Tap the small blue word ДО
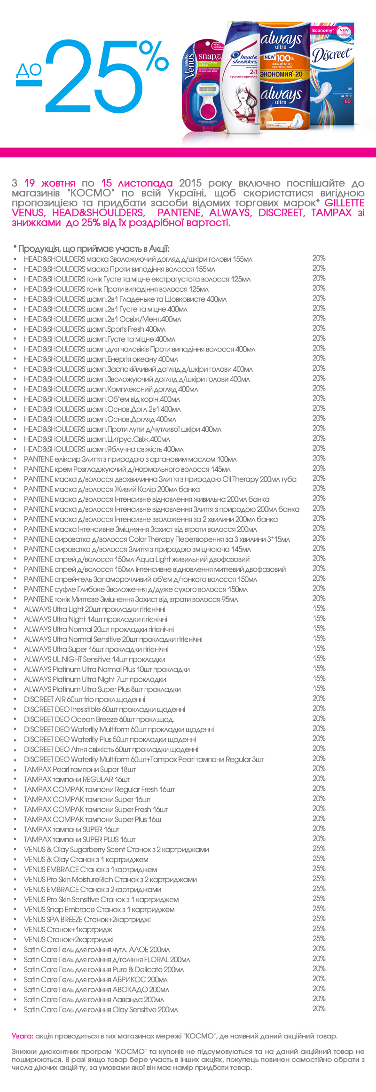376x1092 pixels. (29, 70)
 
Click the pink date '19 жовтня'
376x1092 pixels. (50, 183)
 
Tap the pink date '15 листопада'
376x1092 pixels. (137, 183)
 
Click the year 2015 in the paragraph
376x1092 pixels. (190, 183)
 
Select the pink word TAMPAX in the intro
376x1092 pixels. (331, 213)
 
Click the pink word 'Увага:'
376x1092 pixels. (22, 1036)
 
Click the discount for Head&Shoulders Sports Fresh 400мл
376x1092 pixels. (319, 328)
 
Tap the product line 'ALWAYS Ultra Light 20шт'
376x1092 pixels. (94, 609)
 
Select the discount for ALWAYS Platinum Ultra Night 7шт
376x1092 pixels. (319, 678)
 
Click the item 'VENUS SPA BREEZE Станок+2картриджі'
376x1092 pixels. (87, 920)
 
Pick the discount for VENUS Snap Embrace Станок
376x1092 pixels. (319, 908)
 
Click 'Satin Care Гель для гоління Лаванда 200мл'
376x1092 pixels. (94, 999)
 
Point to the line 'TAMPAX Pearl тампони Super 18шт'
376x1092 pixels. (80, 770)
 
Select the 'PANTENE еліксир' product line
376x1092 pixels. (130, 459)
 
